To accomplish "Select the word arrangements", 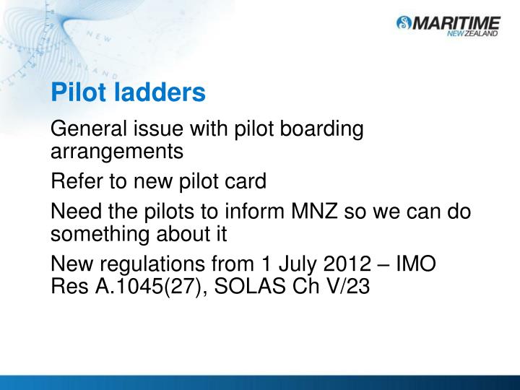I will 117,152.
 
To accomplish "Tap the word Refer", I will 74,181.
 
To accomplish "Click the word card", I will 248,181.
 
